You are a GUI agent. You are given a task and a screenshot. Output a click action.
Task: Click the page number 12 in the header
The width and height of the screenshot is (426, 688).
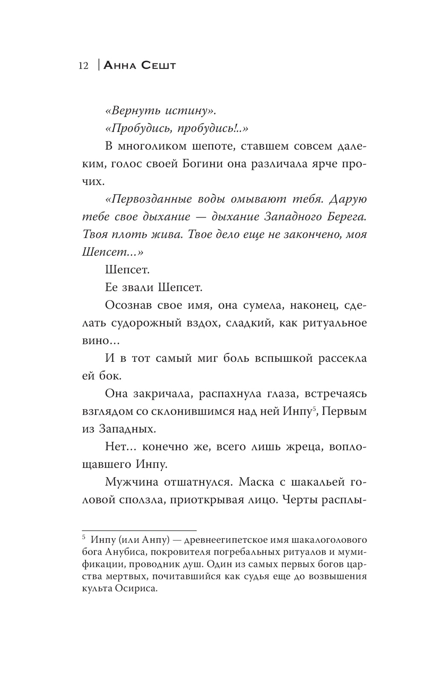pos(83,66)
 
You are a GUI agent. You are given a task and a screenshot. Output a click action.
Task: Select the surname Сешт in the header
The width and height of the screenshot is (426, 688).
pos(158,66)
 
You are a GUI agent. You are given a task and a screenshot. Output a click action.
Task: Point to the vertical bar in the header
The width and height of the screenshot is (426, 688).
pos(98,65)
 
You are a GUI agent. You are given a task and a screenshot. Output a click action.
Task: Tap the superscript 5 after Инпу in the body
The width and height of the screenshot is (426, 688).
pos(314,410)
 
